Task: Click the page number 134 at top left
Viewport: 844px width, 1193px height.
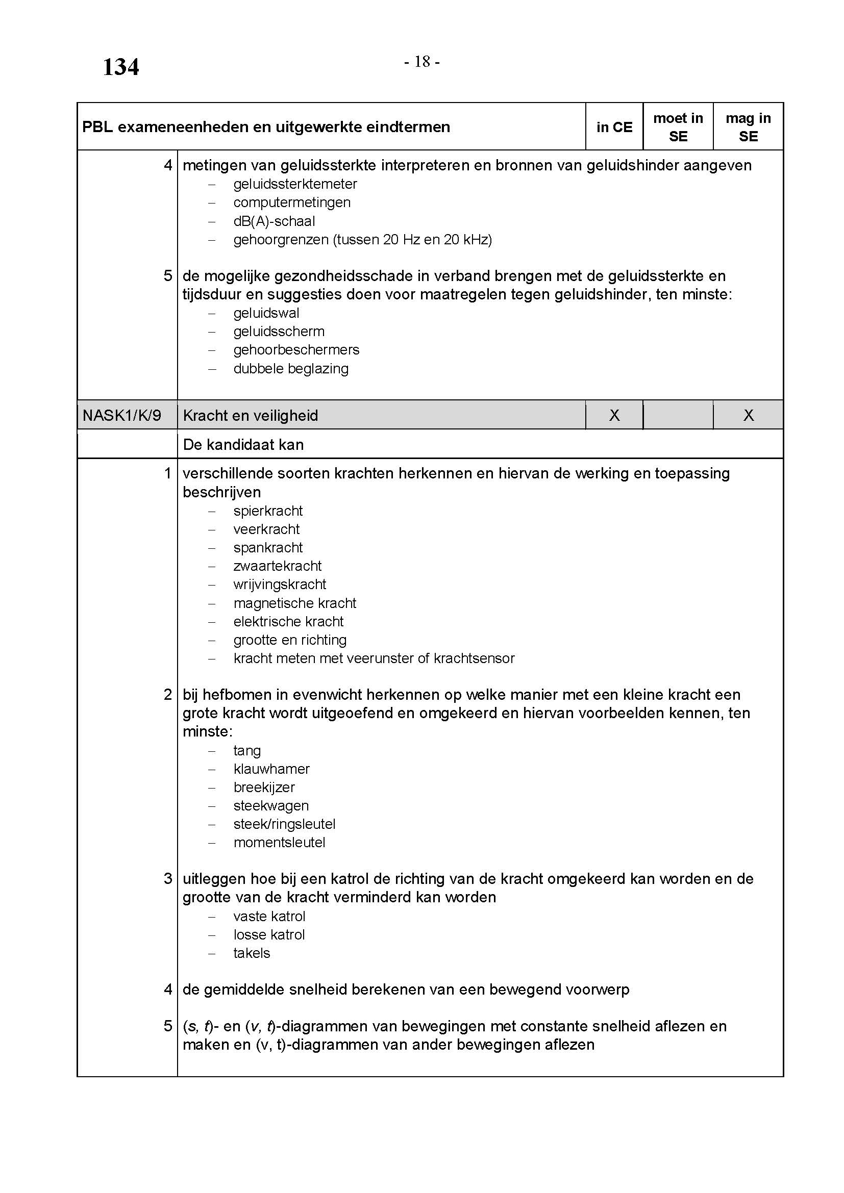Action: pyautogui.click(x=120, y=67)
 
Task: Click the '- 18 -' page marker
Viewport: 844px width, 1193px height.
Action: pyautogui.click(x=422, y=62)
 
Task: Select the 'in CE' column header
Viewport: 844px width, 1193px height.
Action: pyautogui.click(x=614, y=128)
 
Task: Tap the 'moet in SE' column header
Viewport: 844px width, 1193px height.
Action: pyautogui.click(x=678, y=128)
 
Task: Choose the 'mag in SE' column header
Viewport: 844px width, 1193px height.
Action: pyautogui.click(x=748, y=128)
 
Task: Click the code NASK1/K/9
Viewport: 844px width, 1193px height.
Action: pyautogui.click(x=121, y=415)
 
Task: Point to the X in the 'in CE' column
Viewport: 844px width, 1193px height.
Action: pyautogui.click(x=614, y=415)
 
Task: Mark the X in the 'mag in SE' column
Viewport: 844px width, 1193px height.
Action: pyautogui.click(x=749, y=415)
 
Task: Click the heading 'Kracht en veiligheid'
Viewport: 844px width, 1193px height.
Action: pyautogui.click(x=250, y=415)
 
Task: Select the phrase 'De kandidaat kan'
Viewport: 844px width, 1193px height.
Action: pyautogui.click(x=243, y=445)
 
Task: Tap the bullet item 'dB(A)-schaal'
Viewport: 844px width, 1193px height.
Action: pyautogui.click(x=274, y=221)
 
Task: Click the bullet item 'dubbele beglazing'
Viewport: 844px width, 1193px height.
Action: pyautogui.click(x=290, y=369)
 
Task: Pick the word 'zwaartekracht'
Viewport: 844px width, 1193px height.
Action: pyautogui.click(x=278, y=566)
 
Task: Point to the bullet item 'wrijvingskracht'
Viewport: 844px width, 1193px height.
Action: pyautogui.click(x=280, y=585)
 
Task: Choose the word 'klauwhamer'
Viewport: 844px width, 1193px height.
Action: pyautogui.click(x=271, y=769)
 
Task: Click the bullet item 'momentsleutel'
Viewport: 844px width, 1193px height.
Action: pyautogui.click(x=279, y=842)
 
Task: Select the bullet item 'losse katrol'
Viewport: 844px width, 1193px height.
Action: pyautogui.click(x=269, y=935)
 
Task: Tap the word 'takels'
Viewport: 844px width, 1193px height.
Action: pyautogui.click(x=252, y=953)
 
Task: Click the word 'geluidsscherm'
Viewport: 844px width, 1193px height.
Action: pyautogui.click(x=279, y=332)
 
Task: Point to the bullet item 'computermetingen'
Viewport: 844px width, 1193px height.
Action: pyautogui.click(x=291, y=202)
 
